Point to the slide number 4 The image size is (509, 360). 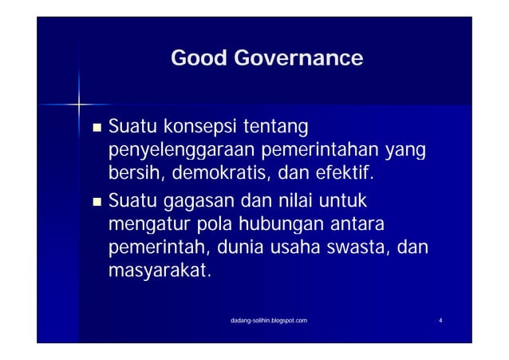[x=441, y=320]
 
